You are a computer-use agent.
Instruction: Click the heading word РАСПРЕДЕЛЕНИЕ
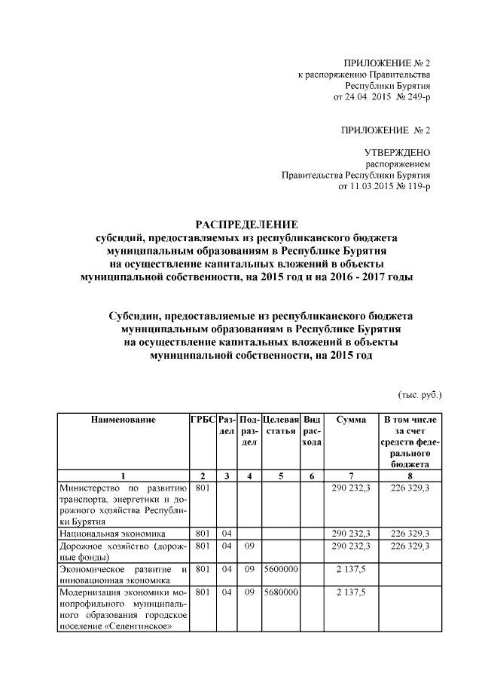[x=247, y=224]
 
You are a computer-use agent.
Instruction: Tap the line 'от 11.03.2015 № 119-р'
[x=386, y=185]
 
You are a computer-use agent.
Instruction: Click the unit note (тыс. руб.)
[x=419, y=394]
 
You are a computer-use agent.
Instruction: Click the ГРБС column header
[x=203, y=419]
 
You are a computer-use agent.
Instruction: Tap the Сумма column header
[x=351, y=419]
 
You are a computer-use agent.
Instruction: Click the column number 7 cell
[x=351, y=476]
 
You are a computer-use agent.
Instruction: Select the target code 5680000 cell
[x=282, y=593]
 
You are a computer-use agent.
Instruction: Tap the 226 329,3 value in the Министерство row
[x=407, y=488]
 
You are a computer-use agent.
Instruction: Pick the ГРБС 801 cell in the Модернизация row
[x=203, y=593]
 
